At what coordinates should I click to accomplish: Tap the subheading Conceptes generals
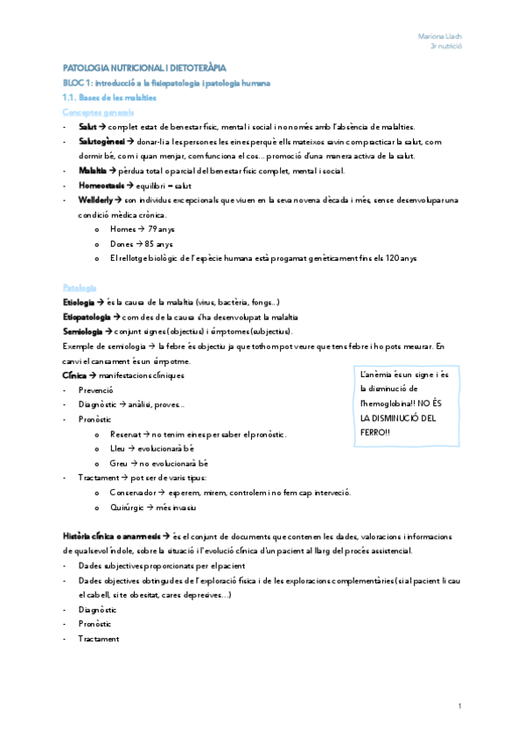coord(99,113)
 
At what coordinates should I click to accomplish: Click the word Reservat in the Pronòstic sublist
coord(128,434)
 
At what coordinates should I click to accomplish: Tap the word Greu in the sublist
coord(119,464)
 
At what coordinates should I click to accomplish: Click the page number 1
coord(459,705)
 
